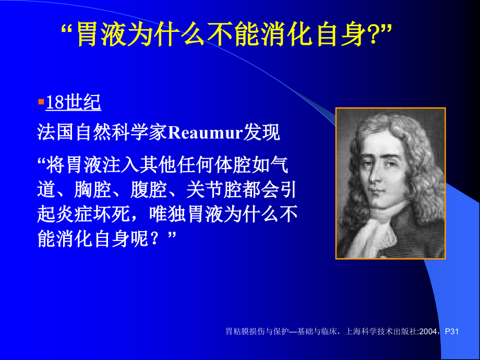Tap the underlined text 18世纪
73,103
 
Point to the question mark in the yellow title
378,35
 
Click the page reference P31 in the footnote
451,331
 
